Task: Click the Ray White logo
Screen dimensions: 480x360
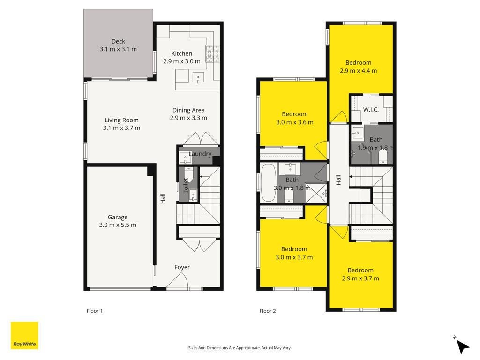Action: (24, 335)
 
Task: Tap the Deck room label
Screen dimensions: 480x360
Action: (118, 41)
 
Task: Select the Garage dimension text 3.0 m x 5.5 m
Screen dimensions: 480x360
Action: (118, 225)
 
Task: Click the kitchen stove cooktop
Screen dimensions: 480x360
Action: (212, 53)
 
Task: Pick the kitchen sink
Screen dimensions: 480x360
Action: (198, 77)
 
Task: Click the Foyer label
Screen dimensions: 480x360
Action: (182, 267)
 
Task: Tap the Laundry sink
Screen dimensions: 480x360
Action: (185, 157)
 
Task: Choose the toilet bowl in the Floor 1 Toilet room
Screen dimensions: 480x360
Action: (188, 174)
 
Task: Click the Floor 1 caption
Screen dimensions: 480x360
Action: (95, 311)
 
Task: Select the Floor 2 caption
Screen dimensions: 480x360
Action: (268, 311)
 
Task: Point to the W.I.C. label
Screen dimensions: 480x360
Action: (371, 110)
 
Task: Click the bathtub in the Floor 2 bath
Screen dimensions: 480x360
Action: (269, 183)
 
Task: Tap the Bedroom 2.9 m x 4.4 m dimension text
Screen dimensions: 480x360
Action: (359, 71)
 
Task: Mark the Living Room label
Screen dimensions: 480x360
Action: (121, 120)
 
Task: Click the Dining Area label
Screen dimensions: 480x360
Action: (188, 110)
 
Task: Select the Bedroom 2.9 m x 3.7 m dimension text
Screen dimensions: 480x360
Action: (360, 278)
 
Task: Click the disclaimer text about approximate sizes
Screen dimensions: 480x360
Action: (240, 348)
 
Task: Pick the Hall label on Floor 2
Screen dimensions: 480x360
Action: (338, 180)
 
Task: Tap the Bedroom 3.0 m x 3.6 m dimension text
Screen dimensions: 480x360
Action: (295, 122)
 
